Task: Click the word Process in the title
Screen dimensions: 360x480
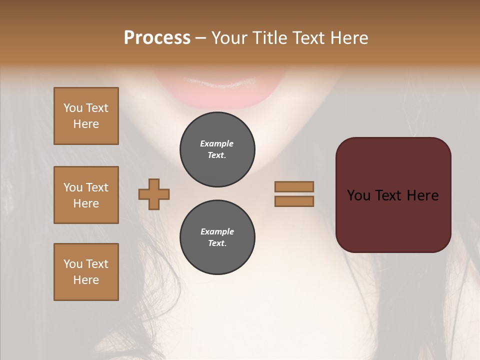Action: tap(157, 38)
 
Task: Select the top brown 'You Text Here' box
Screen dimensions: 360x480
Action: tap(86, 116)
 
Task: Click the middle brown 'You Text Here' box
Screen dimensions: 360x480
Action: tap(86, 195)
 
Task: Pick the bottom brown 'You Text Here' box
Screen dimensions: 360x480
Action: tap(86, 272)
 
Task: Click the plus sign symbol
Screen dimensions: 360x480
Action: tap(154, 194)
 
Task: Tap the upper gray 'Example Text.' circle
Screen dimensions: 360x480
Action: tap(217, 149)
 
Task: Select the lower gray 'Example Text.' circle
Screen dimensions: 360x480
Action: tap(217, 237)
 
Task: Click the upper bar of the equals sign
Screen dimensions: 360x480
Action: tap(294, 186)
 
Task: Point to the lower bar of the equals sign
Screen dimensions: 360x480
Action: tap(294, 201)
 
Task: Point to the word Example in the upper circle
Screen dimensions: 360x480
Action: tap(217, 143)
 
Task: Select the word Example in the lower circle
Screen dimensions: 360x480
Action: tap(217, 231)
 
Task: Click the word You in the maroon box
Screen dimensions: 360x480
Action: tap(358, 195)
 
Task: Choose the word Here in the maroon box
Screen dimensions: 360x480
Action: tap(422, 195)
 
